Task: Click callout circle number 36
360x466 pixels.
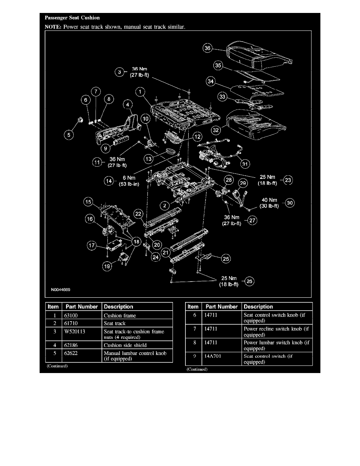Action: click(207, 49)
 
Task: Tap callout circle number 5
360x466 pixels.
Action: click(69, 135)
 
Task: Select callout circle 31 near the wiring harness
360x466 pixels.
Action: click(245, 164)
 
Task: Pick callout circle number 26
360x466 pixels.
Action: click(249, 280)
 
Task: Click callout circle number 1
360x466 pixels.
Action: click(139, 91)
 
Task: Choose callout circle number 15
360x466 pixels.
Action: click(89, 202)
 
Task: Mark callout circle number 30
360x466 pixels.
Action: click(290, 203)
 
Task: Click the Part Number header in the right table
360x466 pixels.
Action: click(222, 307)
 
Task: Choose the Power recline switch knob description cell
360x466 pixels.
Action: click(276, 331)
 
